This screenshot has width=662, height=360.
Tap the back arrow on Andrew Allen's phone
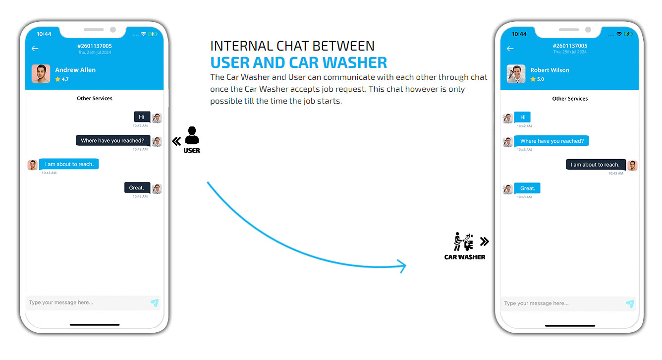pyautogui.click(x=35, y=49)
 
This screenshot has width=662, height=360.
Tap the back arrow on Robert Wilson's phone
pyautogui.click(x=510, y=49)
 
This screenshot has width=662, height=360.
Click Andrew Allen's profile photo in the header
pyautogui.click(x=41, y=74)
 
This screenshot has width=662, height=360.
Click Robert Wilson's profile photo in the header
pyautogui.click(x=516, y=74)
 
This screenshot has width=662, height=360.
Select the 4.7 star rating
pyautogui.click(x=62, y=79)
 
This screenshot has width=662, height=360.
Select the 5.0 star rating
pyautogui.click(x=537, y=79)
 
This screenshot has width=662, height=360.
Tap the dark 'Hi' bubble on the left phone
pyautogui.click(x=142, y=117)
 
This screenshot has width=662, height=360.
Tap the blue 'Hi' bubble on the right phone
pyautogui.click(x=522, y=117)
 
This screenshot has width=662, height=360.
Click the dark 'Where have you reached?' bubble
pyautogui.click(x=113, y=140)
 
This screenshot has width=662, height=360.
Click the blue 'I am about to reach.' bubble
pyautogui.click(x=69, y=164)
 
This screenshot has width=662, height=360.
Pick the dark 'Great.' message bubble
pyautogui.click(x=137, y=188)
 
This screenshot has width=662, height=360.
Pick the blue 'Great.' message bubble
pyautogui.click(x=527, y=188)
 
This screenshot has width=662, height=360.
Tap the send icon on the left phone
pyautogui.click(x=155, y=302)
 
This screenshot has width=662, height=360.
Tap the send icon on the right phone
pyautogui.click(x=630, y=303)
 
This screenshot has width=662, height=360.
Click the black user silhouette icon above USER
pyautogui.click(x=192, y=135)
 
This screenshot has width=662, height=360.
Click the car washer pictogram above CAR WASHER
pyautogui.click(x=463, y=241)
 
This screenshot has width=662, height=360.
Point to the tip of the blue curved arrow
pyautogui.click(x=406, y=266)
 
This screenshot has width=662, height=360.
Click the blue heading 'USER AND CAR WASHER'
pyautogui.click(x=298, y=62)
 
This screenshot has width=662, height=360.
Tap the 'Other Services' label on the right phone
pyautogui.click(x=570, y=99)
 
